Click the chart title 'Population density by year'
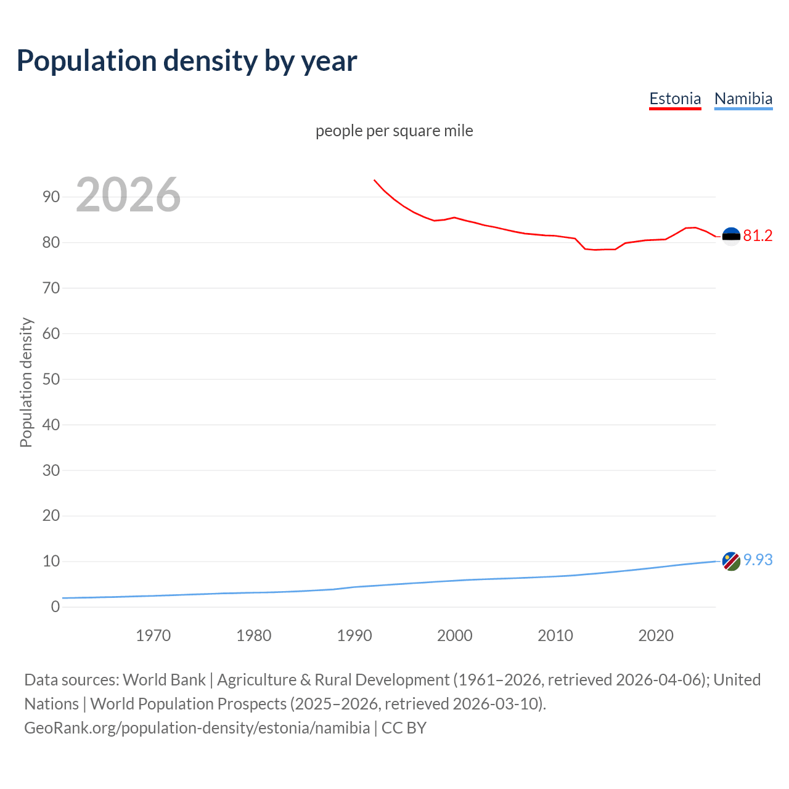(187, 61)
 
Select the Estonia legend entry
(675, 99)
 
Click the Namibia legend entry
(743, 99)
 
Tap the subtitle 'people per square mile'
(394, 131)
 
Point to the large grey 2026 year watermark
(128, 195)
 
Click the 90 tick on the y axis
(51, 197)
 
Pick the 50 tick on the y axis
(51, 379)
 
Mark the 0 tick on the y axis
(55, 607)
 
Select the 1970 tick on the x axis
(153, 636)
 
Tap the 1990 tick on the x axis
(354, 636)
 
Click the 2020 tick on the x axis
(655, 636)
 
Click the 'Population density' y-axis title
(26, 382)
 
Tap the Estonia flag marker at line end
(731, 236)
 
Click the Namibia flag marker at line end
(731, 561)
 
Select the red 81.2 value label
(758, 236)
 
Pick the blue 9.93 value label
(758, 560)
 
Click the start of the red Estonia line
(375, 181)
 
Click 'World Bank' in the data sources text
(164, 680)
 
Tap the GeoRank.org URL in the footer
(197, 728)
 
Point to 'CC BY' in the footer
(404, 728)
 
